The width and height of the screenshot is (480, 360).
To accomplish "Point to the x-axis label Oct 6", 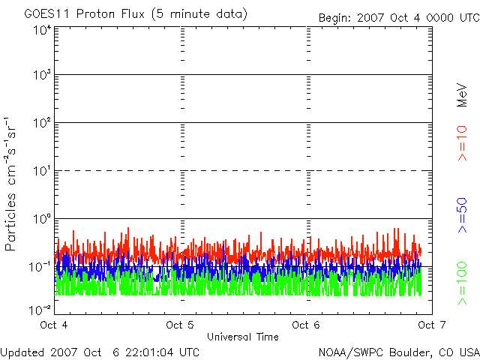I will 304,325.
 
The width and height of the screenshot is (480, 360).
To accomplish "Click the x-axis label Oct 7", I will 428,325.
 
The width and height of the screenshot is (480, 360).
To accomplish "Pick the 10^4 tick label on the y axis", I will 42,31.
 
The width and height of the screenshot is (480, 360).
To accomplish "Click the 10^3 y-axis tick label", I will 42,75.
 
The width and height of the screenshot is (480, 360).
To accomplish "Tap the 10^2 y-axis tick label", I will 42,122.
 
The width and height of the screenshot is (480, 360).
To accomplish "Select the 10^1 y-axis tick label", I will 42,170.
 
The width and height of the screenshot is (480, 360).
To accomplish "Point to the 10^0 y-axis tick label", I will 42,218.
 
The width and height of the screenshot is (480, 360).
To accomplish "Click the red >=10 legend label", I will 463,143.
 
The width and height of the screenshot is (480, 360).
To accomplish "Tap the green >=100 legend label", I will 463,283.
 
